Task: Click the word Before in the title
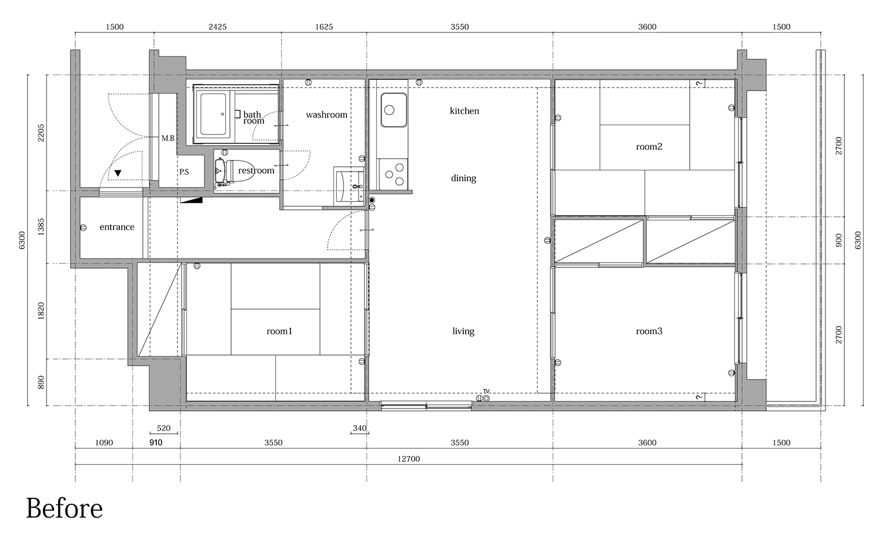tap(64, 508)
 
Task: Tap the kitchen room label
tap(465, 111)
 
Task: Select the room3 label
tap(649, 331)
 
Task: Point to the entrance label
tap(117, 227)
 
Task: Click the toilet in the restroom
tap(234, 170)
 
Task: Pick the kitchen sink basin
tap(394, 110)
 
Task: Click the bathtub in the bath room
tap(214, 114)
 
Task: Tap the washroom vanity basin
tap(349, 186)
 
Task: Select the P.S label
tap(184, 172)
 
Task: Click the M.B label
tap(168, 138)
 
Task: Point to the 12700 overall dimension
tap(409, 459)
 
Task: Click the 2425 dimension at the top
tap(218, 27)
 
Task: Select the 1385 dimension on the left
tap(41, 227)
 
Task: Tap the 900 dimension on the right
tap(838, 240)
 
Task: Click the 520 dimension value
tap(163, 428)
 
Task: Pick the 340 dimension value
tap(359, 428)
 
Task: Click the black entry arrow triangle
tap(118, 173)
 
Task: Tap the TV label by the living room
tap(486, 391)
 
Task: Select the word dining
tap(463, 178)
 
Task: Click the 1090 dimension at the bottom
tap(104, 443)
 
